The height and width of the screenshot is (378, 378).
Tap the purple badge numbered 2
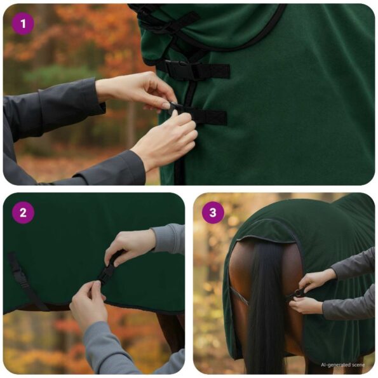pos(23,213)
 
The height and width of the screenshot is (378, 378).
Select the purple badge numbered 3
pos(213,213)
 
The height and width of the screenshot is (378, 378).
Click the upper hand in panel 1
pos(137,89)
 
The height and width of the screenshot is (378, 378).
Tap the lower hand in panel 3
pos(307,305)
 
